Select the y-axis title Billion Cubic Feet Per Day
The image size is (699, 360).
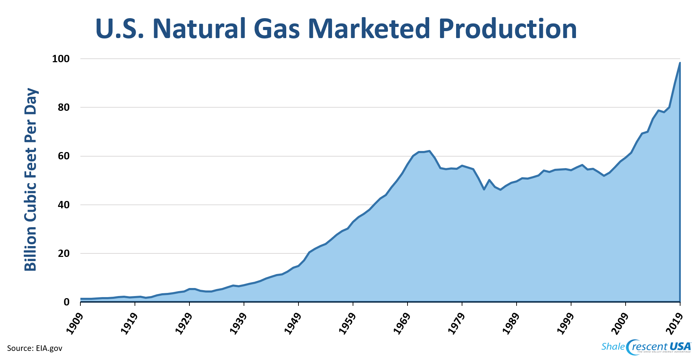coord(31,180)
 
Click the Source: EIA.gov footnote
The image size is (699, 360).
coord(35,348)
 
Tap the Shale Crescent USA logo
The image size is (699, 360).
coord(646,347)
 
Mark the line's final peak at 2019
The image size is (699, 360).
coord(680,63)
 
